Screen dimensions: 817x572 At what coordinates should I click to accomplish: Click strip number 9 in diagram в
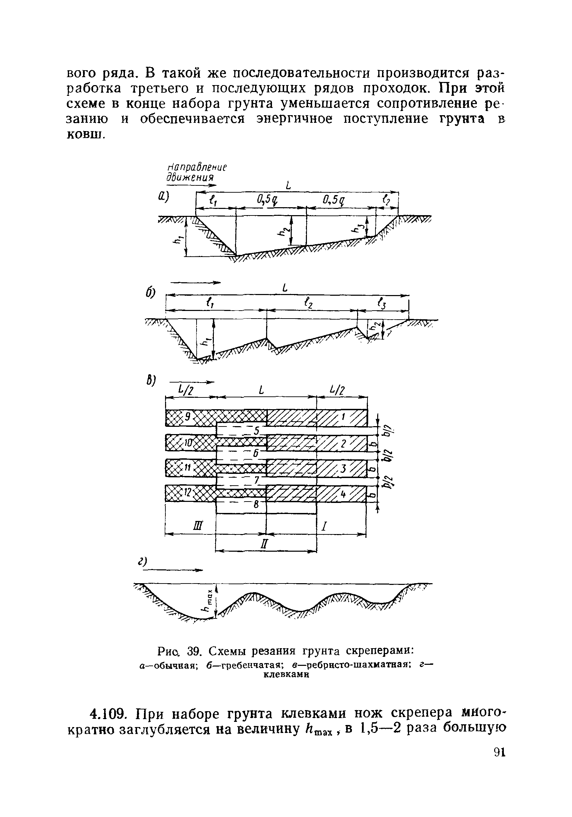click(x=187, y=416)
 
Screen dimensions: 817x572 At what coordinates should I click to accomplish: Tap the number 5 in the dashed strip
click(x=257, y=431)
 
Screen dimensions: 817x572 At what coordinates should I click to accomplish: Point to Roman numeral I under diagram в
click(x=324, y=525)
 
